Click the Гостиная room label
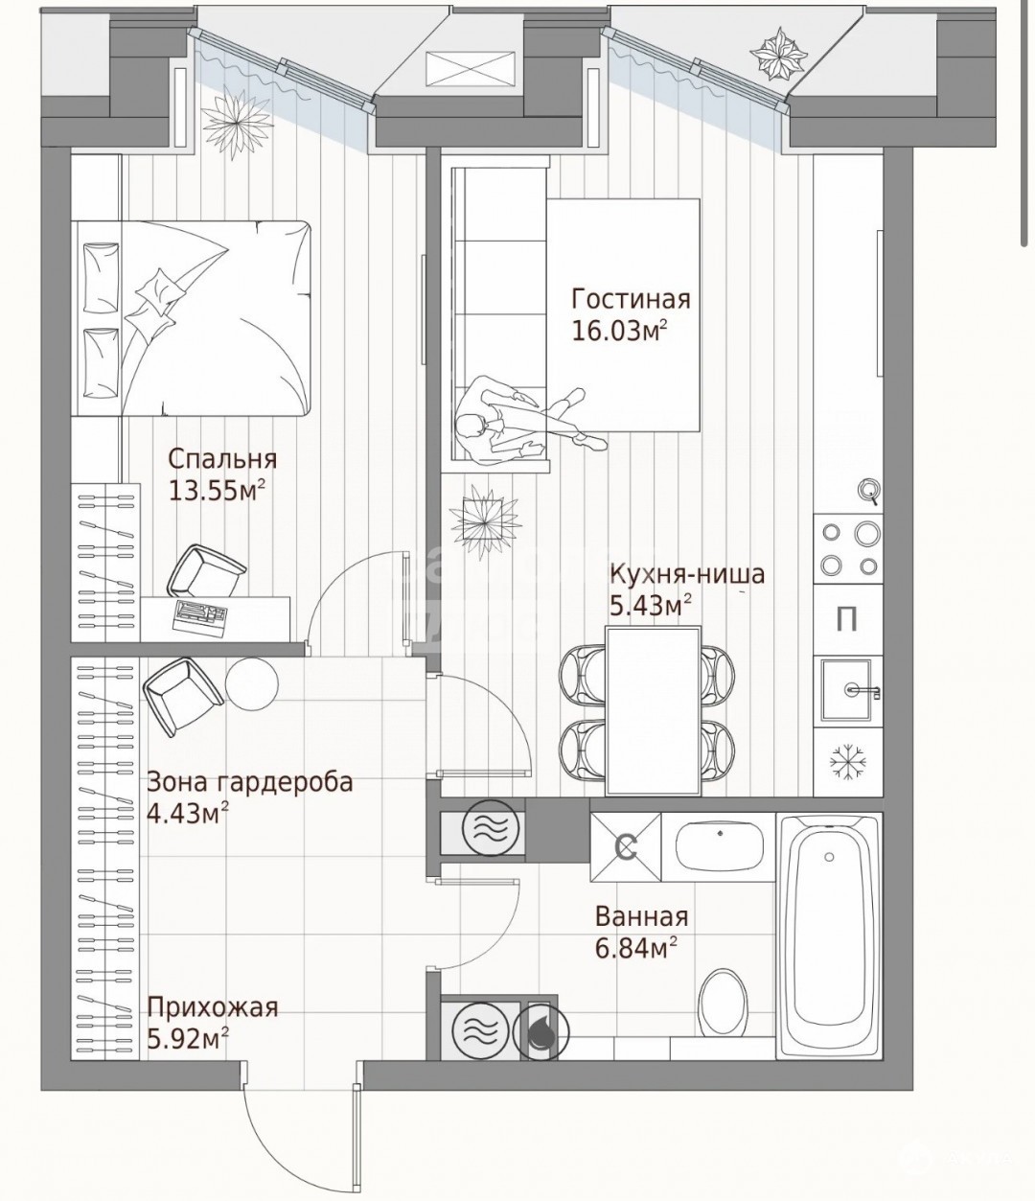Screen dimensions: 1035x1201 (x=632, y=300)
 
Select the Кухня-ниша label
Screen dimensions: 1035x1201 (x=687, y=575)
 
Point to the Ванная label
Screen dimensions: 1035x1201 (x=642, y=917)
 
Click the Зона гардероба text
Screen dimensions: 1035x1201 (x=250, y=783)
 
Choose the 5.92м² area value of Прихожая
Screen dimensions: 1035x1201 (x=187, y=1039)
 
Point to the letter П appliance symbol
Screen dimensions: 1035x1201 (x=847, y=620)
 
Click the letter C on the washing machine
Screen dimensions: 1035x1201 (x=626, y=848)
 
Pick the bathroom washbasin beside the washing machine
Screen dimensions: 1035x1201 (x=721, y=847)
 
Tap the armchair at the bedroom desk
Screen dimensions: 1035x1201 (x=206, y=570)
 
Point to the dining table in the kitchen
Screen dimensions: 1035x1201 (x=653, y=710)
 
